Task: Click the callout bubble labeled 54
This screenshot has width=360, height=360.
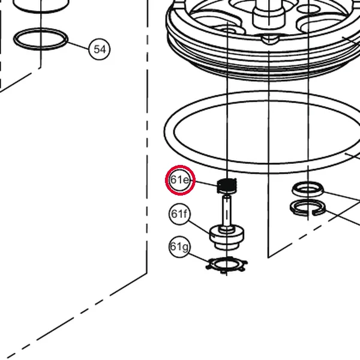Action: point(99,49)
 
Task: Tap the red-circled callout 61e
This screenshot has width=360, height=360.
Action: point(180,180)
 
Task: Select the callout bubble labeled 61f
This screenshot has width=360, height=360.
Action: point(179,214)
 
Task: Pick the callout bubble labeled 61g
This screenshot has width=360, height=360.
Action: point(179,247)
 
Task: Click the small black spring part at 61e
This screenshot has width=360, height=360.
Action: point(227,186)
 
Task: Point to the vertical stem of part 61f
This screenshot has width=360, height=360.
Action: point(227,211)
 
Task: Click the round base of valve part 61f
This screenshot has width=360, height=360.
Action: point(227,238)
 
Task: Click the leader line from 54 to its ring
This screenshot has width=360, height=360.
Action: point(78,46)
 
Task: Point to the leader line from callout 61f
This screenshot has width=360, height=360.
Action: point(199,227)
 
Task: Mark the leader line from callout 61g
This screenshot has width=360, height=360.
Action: point(199,257)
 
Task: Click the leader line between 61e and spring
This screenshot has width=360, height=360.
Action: point(206,184)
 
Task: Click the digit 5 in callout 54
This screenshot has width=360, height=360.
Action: point(97,49)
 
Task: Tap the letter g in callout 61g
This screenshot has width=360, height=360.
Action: point(185,247)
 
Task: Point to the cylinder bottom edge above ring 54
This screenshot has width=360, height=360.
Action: point(41,8)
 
